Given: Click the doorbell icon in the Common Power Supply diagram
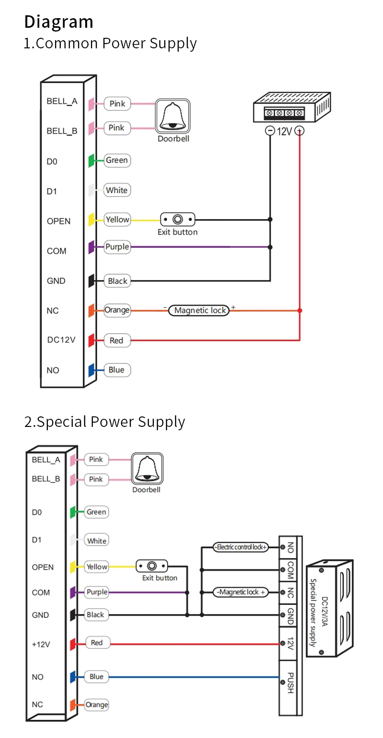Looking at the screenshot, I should (x=172, y=116).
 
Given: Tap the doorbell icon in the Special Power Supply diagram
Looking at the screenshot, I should (x=147, y=470).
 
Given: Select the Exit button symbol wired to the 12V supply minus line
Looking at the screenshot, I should (x=178, y=220).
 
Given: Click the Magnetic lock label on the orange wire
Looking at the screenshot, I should (x=200, y=310).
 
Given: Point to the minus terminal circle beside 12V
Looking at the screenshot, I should (x=270, y=130).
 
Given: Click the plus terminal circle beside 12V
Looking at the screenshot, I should (x=300, y=130).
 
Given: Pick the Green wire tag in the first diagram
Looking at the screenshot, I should (x=117, y=160).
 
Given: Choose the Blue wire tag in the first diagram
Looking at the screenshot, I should (x=116, y=370).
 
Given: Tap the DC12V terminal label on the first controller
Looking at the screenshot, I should (x=61, y=340).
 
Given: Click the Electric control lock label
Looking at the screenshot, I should (x=241, y=547).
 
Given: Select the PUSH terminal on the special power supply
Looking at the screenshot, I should (x=290, y=683).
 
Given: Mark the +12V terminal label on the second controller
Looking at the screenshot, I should (x=41, y=644).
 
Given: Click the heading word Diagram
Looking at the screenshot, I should (x=58, y=22).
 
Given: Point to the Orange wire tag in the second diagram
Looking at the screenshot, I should (x=97, y=704).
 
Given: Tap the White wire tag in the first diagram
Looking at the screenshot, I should (x=117, y=190).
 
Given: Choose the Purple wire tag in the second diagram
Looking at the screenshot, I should (x=97, y=592).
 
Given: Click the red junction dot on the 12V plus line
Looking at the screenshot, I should (x=300, y=311).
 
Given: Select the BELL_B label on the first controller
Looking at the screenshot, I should (x=62, y=131).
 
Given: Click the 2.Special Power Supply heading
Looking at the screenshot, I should (x=104, y=422).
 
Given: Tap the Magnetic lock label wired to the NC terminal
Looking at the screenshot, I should (x=241, y=592).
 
